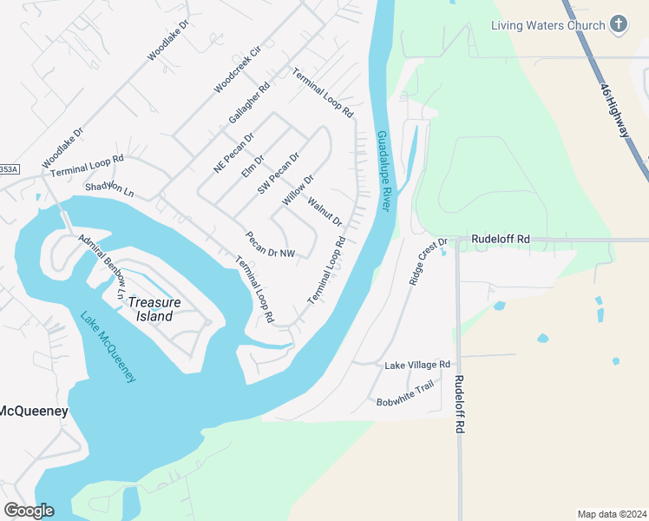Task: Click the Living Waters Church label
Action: tap(547, 25)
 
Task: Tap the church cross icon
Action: tap(619, 24)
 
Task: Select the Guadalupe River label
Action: tap(384, 171)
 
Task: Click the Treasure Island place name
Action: tap(150, 309)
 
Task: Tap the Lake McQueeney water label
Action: tap(108, 346)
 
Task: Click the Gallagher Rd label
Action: tap(249, 102)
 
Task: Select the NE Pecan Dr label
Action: tap(233, 152)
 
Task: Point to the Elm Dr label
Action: tap(252, 164)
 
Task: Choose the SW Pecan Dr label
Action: tap(278, 173)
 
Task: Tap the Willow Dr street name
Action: tap(297, 190)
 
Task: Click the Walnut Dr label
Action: tap(325, 212)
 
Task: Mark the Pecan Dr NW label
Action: tap(270, 245)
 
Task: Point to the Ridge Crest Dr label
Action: tap(427, 262)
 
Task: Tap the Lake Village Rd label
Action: tap(417, 365)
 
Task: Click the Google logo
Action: tap(29, 510)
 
